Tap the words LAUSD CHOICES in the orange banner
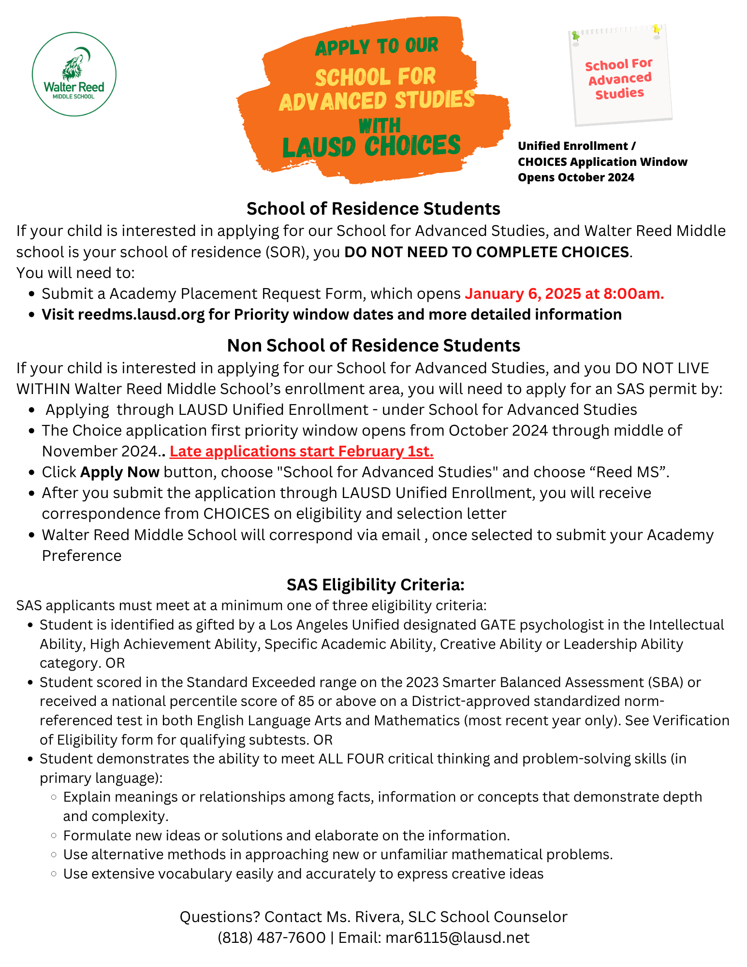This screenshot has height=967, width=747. [371, 147]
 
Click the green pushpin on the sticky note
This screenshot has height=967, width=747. [575, 36]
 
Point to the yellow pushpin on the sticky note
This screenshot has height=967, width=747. [656, 29]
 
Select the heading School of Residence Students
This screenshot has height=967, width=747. [373, 208]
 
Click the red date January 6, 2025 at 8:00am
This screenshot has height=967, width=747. [564, 293]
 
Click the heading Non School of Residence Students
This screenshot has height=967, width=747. [373, 345]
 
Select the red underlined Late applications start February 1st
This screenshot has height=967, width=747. [301, 451]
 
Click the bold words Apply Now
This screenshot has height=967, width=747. [120, 472]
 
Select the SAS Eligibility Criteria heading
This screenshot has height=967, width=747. [375, 585]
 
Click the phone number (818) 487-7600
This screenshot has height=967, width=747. [271, 938]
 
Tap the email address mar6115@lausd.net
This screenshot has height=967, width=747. [457, 938]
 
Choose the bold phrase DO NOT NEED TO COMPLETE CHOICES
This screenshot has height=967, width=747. [486, 252]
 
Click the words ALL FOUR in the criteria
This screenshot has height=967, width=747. [351, 759]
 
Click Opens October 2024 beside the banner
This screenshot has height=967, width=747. [576, 177]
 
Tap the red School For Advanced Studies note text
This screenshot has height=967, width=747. [619, 78]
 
